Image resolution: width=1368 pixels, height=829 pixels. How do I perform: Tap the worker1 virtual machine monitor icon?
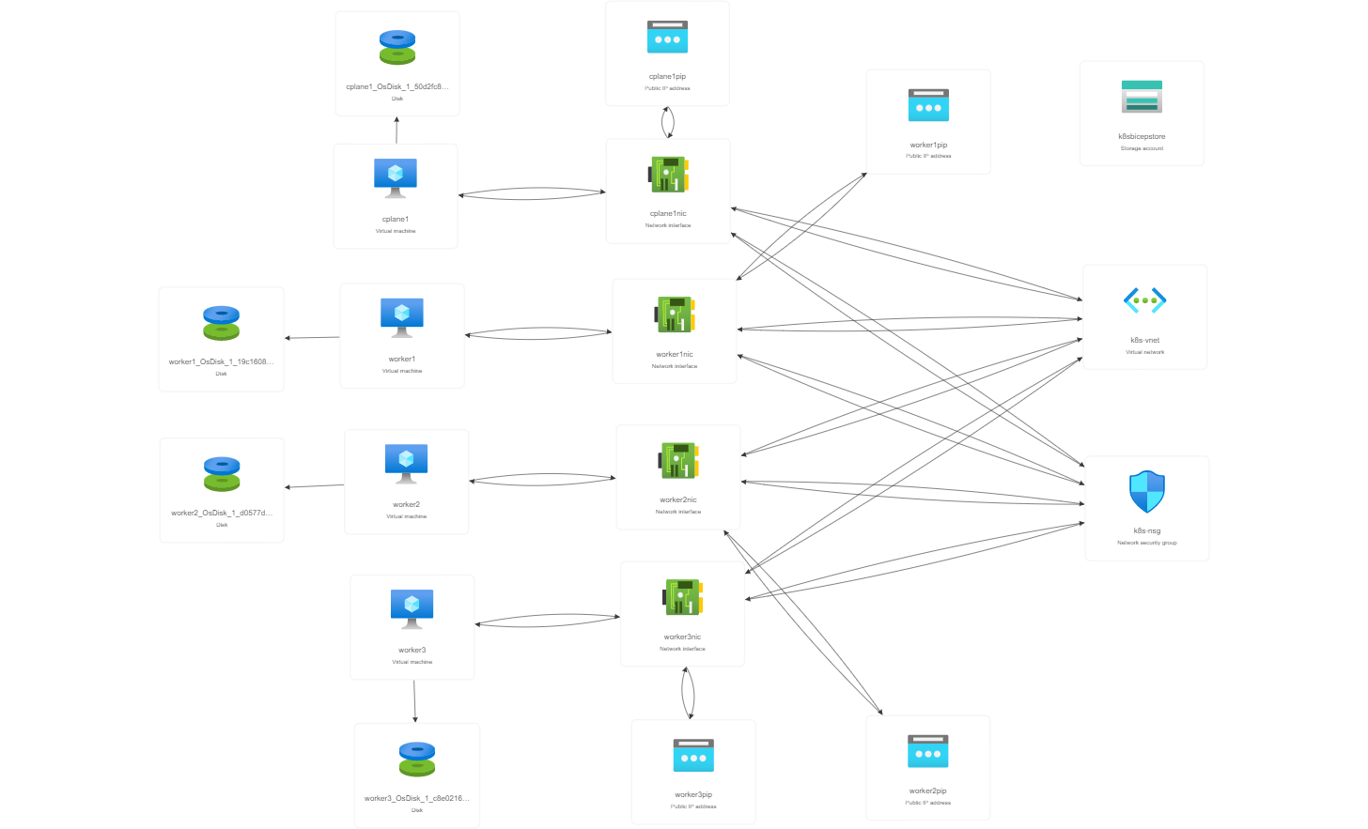[402, 317]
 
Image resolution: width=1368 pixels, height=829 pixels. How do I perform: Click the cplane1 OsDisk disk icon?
[397, 48]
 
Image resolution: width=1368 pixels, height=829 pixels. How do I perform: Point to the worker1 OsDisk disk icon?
[222, 323]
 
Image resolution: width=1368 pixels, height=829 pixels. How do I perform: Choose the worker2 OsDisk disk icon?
[222, 474]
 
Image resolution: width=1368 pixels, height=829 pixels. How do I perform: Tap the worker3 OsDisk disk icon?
[417, 760]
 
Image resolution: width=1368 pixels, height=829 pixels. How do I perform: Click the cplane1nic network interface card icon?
[668, 174]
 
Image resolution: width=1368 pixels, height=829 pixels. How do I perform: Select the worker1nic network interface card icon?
[675, 315]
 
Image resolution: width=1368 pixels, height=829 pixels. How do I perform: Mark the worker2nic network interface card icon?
[678, 461]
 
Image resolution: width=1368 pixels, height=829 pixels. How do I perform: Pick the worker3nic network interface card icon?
[683, 597]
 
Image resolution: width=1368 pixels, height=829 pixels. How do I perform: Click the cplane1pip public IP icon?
[667, 38]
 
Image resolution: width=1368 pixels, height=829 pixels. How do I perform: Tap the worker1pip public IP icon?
[928, 105]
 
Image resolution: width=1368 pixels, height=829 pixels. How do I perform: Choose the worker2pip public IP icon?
[928, 752]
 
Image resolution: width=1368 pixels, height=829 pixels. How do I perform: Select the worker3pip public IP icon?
[693, 756]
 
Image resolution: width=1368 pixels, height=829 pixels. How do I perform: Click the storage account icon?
[1142, 98]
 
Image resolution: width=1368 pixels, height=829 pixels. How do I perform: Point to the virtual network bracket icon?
[1145, 300]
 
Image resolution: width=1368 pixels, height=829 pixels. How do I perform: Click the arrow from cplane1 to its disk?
[396, 130]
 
